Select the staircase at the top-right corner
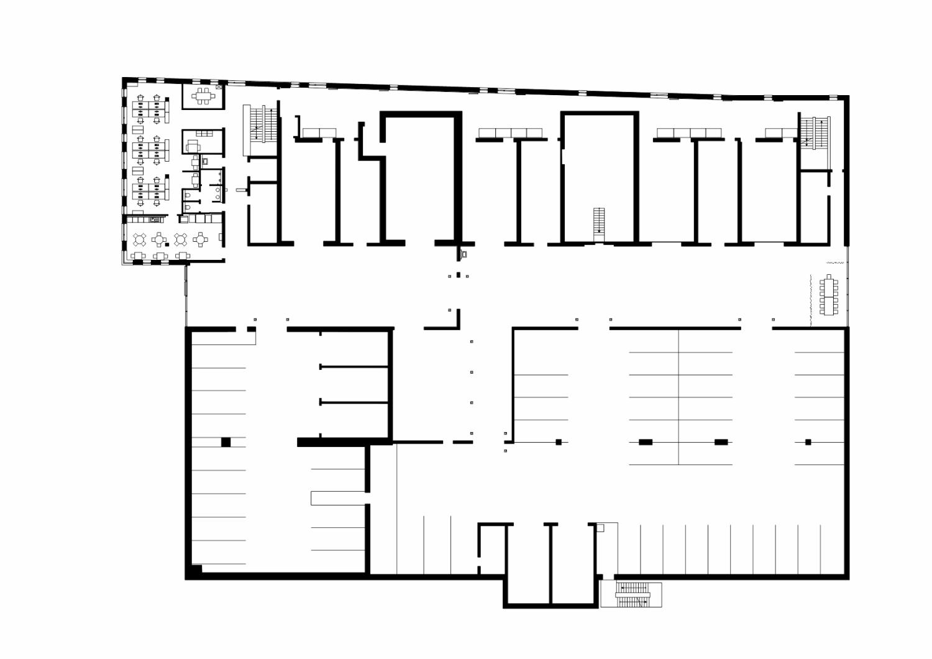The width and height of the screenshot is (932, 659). [x=813, y=133]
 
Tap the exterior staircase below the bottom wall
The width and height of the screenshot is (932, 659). [x=631, y=594]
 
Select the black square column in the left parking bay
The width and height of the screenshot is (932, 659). [x=226, y=442]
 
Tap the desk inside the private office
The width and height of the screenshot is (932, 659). [x=192, y=146]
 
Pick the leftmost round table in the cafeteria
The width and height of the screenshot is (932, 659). [x=140, y=239]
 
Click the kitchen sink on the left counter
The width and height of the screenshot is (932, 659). [x=156, y=219]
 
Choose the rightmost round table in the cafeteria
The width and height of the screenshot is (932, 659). [x=201, y=239]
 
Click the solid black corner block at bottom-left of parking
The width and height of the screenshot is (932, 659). [x=194, y=571]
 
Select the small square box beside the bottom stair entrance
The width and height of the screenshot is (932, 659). [x=600, y=528]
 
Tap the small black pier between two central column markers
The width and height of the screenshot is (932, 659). [x=459, y=275]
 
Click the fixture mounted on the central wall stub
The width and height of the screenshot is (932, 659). [x=464, y=254]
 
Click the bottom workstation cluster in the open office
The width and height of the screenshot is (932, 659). [x=150, y=191]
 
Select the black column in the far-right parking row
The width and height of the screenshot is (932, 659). [x=808, y=442]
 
